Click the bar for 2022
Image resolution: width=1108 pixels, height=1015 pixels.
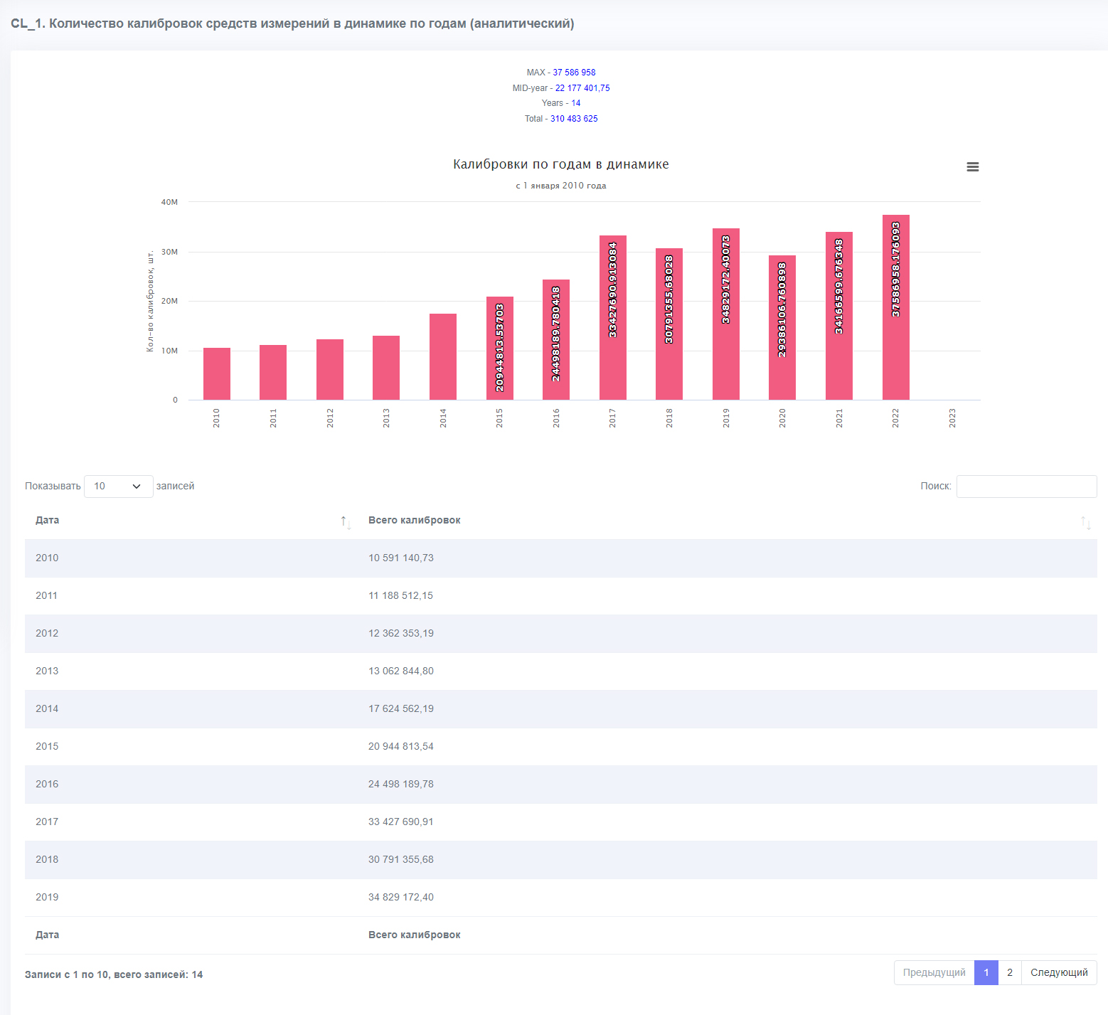tap(895, 307)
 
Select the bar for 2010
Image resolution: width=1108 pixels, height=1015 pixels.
tap(217, 373)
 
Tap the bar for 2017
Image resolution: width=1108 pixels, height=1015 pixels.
tap(613, 317)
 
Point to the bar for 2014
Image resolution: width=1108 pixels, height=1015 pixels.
tap(443, 356)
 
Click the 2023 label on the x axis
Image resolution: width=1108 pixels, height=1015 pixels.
tap(952, 418)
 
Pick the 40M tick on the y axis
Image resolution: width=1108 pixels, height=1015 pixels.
tap(169, 202)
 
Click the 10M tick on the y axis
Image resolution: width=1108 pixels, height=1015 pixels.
tap(169, 351)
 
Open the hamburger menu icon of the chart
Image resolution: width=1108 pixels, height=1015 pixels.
tap(973, 166)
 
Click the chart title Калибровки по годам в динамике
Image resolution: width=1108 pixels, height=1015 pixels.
tap(561, 164)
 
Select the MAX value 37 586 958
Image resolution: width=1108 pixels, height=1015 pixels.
tap(574, 73)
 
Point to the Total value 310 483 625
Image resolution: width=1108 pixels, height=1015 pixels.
tap(574, 119)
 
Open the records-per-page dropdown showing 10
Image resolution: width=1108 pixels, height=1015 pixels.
tap(119, 487)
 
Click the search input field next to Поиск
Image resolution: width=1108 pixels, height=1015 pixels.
tap(1027, 487)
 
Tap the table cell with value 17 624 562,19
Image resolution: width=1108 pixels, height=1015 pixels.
tap(401, 708)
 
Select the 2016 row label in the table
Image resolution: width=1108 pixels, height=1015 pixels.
tap(47, 784)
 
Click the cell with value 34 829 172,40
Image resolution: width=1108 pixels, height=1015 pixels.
tap(401, 897)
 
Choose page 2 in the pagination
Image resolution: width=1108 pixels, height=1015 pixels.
tap(1010, 972)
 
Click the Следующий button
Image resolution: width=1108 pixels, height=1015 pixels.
tap(1059, 972)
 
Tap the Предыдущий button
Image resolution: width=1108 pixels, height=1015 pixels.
tap(934, 972)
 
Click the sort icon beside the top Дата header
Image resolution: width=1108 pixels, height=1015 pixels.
tap(346, 523)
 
